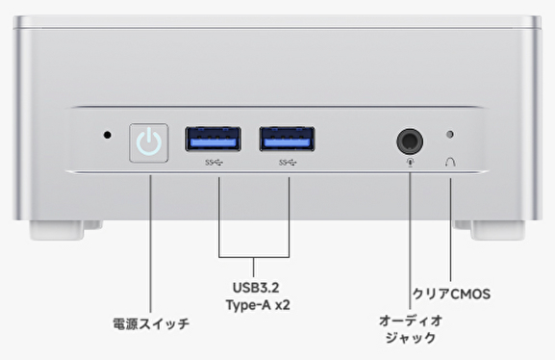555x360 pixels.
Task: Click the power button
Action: tap(149, 142)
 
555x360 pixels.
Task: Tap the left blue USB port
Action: tap(214, 139)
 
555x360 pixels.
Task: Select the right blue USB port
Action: tap(287, 139)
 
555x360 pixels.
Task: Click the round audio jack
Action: tap(410, 141)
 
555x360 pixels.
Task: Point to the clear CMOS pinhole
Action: tap(450, 135)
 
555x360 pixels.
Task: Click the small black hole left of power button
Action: tap(107, 135)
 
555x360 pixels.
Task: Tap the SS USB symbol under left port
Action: tap(214, 163)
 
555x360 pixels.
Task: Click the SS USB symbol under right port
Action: tap(288, 163)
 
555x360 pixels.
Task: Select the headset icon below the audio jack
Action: tap(410, 163)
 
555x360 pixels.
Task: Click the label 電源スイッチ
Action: tap(151, 323)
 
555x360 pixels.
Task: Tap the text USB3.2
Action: tap(256, 288)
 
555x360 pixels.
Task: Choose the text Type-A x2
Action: tap(258, 305)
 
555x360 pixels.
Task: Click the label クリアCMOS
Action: tap(452, 295)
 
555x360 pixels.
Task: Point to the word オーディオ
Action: tap(411, 321)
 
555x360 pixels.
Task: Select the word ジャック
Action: tap(411, 338)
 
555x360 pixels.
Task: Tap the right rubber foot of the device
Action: tap(490, 230)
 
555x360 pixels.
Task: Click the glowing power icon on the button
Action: tap(149, 142)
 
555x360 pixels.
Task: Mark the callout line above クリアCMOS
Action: tap(450, 230)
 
